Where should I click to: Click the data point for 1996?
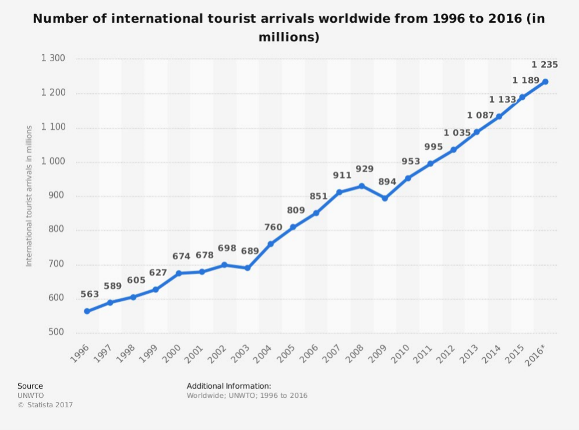87,311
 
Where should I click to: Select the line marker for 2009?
385,198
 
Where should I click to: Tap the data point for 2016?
545,82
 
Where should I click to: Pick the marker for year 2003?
248,268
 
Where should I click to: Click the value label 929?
365,169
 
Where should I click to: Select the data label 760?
273,227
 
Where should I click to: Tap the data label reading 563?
90,294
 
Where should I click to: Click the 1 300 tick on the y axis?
53,58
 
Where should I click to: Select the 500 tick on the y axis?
57,333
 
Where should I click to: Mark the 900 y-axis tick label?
57,196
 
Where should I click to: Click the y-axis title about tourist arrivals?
29,196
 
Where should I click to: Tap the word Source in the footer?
30,386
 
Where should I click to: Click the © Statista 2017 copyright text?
45,404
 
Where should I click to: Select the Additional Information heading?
229,386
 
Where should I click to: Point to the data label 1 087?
481,115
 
